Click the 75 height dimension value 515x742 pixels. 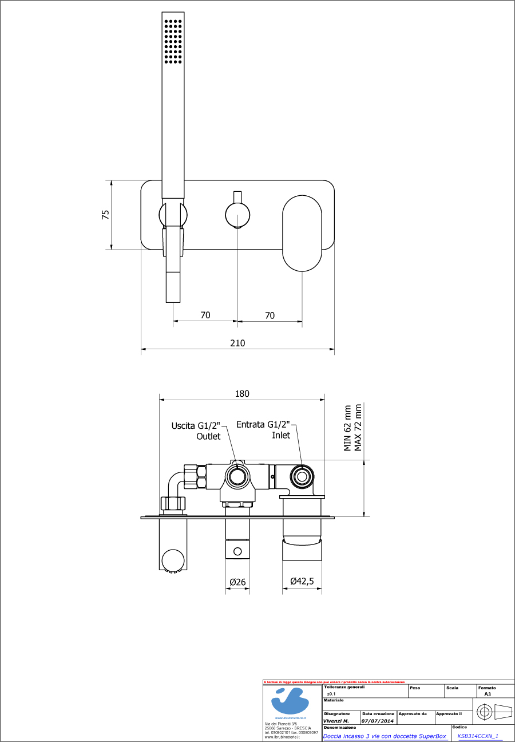coord(105,215)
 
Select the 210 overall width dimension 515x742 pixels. coord(237,343)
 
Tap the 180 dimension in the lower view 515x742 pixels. coord(242,394)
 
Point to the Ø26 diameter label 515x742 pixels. coord(237,582)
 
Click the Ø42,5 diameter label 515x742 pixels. coord(302,582)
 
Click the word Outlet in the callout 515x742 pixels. coord(208,436)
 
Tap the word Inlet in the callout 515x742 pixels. coord(280,435)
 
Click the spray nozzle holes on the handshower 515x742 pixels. coord(173,40)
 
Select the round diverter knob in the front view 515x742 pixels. coord(237,216)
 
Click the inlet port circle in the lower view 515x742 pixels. coord(301,476)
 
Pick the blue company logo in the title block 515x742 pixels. coord(291,700)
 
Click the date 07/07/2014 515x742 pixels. coord(378,721)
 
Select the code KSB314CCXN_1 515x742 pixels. coord(478,736)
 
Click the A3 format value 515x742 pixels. coord(487,693)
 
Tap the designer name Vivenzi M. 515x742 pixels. coord(336,721)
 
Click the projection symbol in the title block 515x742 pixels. coord(494,712)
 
